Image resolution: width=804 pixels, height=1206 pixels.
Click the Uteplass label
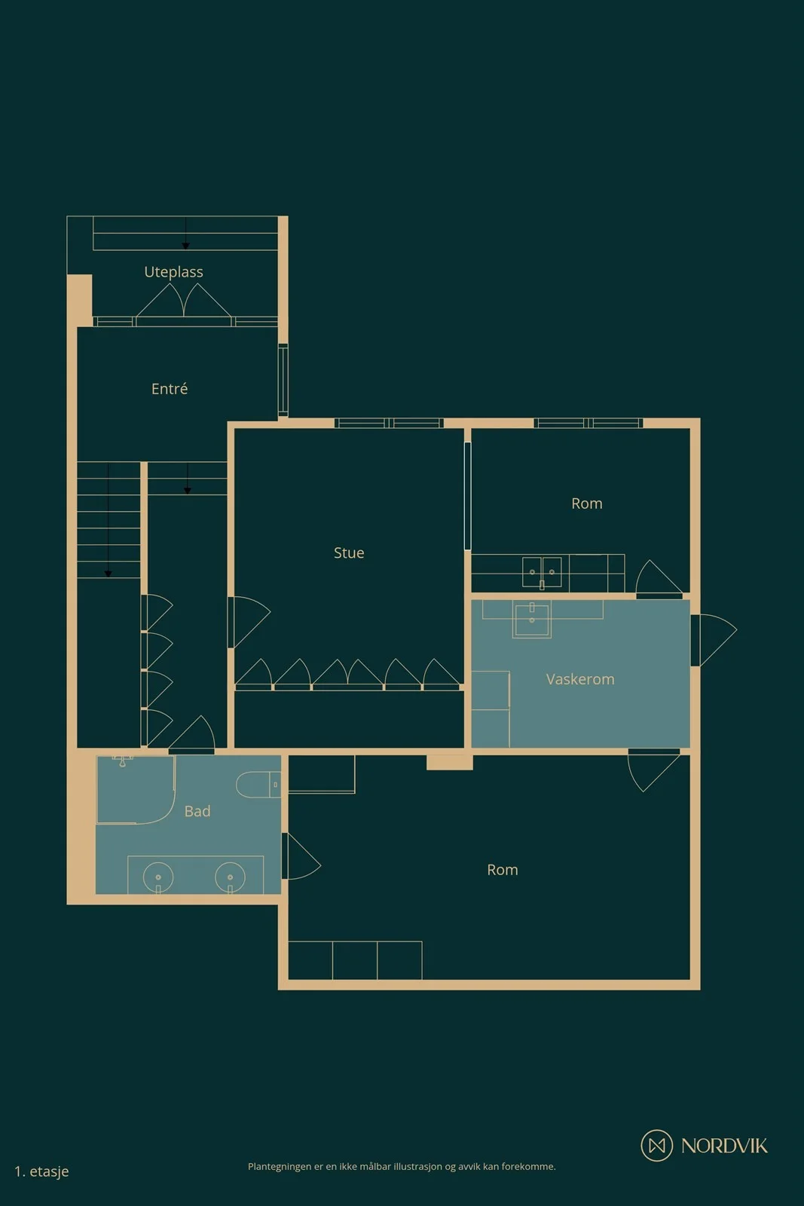tap(173, 272)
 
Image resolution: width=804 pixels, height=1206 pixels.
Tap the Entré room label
tap(170, 389)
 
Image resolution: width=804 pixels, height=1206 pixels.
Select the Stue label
tap(349, 553)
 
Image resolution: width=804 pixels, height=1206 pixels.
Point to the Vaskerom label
tap(580, 679)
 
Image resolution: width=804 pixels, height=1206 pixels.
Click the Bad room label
tap(197, 811)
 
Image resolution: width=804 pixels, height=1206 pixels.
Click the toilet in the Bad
tap(258, 785)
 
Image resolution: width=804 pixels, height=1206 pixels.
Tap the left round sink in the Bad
tap(158, 877)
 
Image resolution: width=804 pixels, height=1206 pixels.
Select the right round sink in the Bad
tap(231, 877)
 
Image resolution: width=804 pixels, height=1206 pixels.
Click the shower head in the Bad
tap(123, 761)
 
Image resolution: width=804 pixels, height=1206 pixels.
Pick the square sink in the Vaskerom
tap(532, 619)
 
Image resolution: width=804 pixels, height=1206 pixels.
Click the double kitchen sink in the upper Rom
tap(542, 572)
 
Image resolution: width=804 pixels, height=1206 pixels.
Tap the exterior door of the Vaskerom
tap(714, 640)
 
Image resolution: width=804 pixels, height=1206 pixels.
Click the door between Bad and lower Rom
tap(301, 856)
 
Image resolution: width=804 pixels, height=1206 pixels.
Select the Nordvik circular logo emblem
tap(656, 1145)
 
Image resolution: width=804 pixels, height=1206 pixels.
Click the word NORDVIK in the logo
tap(724, 1146)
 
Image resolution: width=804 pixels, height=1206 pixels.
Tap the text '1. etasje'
tap(41, 1171)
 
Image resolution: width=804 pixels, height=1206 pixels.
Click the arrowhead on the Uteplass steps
tap(185, 246)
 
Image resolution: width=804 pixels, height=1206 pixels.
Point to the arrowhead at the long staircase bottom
tap(109, 574)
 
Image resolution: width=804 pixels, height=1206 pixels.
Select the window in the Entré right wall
tap(283, 380)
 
